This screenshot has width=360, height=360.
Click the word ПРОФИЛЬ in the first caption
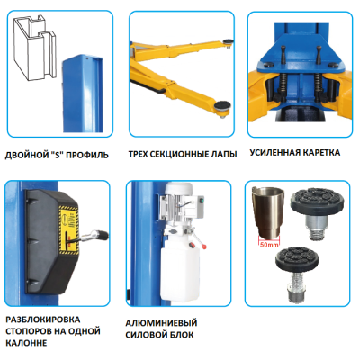pos(87,156)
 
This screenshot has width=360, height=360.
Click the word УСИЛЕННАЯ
pos(274,153)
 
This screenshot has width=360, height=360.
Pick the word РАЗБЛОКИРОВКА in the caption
pos(43,319)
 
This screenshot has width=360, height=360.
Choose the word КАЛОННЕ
pos(26,343)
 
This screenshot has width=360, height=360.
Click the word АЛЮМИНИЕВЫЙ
pos(161,323)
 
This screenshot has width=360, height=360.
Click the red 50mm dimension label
pos(269,245)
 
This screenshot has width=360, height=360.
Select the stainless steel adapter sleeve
pos(267,211)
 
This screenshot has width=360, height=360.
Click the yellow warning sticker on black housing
pos(68,229)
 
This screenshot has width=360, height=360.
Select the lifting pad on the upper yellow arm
pos(228,41)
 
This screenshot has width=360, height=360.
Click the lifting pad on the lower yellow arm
pos(222,107)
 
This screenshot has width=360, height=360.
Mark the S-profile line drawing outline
pos(35,48)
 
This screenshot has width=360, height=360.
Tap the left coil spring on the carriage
pos(283,85)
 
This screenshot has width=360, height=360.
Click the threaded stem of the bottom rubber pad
pos(296,287)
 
